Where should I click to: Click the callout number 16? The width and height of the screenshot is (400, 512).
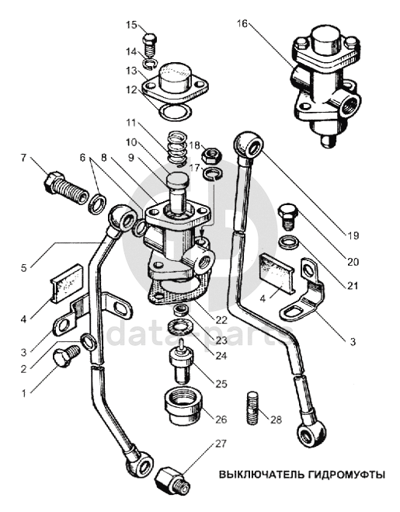point(242,23)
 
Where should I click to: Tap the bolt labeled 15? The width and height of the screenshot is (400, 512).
point(150,45)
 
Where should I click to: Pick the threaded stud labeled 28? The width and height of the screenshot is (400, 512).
point(252,408)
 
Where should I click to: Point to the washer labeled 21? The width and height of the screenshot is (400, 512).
point(289,242)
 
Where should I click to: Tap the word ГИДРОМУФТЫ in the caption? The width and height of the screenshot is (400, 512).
point(346,474)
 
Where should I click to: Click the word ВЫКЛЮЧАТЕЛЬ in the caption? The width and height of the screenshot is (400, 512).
point(261,474)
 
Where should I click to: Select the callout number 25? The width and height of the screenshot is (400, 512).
point(221,383)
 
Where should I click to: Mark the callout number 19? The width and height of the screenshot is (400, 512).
point(353,235)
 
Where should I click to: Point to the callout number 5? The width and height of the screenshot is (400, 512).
point(23,268)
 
